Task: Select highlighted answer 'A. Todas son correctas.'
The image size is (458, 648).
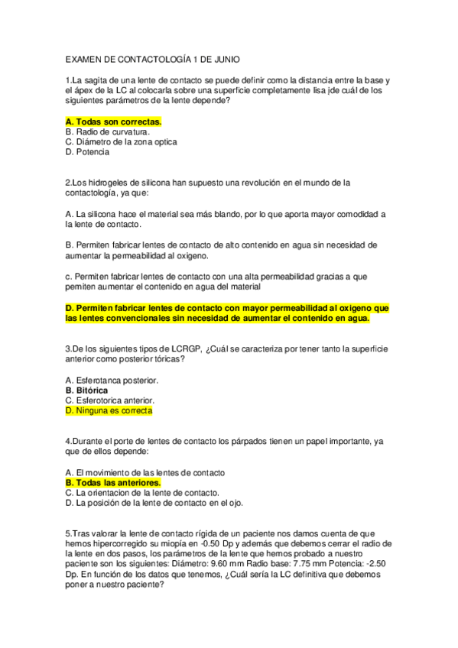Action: pyautogui.click(x=114, y=122)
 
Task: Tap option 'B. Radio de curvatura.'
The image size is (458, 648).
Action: pyautogui.click(x=108, y=131)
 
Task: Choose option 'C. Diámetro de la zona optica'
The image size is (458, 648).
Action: pyautogui.click(x=122, y=141)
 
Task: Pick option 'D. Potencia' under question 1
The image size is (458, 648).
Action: pyautogui.click(x=87, y=151)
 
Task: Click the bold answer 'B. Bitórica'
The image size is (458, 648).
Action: pyautogui.click(x=86, y=390)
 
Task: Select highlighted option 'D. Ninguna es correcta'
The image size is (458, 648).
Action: pyautogui.click(x=109, y=410)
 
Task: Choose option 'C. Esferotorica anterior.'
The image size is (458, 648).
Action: pyautogui.click(x=110, y=400)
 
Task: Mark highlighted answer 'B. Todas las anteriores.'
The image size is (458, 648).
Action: pyautogui.click(x=113, y=483)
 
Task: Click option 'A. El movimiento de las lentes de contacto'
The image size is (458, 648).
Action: pyautogui.click(x=145, y=473)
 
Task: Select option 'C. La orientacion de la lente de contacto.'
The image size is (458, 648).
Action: pyautogui.click(x=143, y=493)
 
